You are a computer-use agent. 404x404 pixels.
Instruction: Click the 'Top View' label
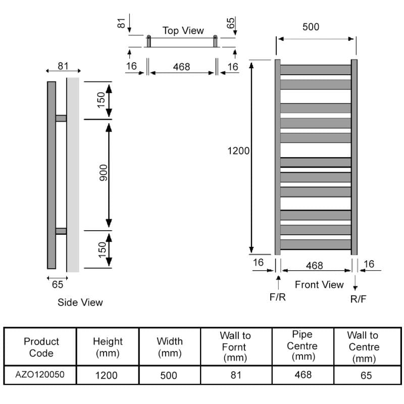tap(183, 31)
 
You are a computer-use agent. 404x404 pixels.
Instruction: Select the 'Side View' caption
tap(80, 302)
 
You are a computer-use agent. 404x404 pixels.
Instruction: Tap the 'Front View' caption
tap(319, 284)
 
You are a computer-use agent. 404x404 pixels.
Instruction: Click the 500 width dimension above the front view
tap(311, 27)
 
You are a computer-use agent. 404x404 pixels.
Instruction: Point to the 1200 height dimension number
tap(238, 150)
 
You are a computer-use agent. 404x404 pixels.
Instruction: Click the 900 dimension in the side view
tap(104, 173)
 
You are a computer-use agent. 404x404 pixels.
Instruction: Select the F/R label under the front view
tap(277, 297)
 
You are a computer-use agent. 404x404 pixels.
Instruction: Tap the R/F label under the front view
tap(358, 299)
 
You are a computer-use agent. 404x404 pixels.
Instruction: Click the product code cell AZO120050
tap(40, 374)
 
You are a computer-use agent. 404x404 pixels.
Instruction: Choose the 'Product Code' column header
tap(41, 347)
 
